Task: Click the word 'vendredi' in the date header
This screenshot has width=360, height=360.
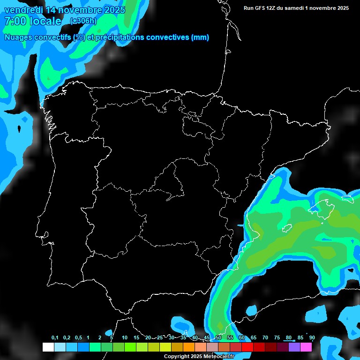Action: click(x=23, y=10)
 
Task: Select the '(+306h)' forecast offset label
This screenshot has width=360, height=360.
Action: click(x=84, y=21)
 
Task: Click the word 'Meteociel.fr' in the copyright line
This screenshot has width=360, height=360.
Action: click(x=219, y=357)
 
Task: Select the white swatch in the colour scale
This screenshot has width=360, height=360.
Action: click(x=48, y=347)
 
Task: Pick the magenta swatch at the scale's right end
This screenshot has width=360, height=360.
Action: click(x=306, y=347)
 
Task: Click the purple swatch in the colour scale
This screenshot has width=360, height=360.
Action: click(x=294, y=347)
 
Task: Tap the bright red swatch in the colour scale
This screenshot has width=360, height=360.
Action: click(x=247, y=347)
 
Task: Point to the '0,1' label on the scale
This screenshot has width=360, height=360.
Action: click(x=55, y=338)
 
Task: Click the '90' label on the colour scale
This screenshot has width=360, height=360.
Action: click(x=312, y=338)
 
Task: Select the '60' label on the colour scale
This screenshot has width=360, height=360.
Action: click(x=242, y=338)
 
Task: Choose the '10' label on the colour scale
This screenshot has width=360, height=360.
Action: click(x=125, y=338)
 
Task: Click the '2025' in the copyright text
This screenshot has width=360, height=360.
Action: click(x=196, y=357)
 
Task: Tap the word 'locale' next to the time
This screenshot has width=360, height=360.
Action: click(x=45, y=21)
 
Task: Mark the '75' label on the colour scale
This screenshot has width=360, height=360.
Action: click(x=277, y=338)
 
